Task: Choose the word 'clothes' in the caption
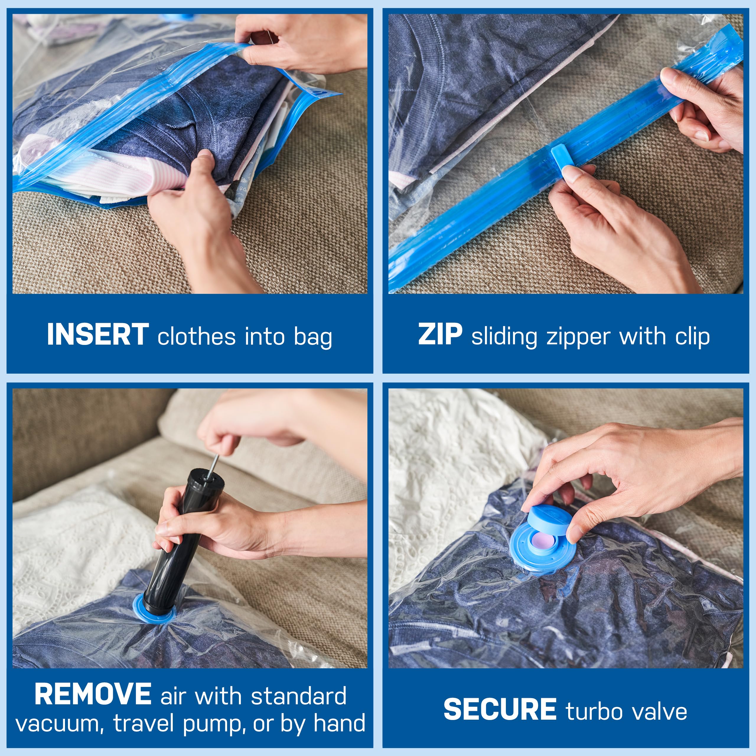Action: [196, 337]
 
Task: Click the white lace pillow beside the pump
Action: [78, 548]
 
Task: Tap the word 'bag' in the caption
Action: [313, 337]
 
